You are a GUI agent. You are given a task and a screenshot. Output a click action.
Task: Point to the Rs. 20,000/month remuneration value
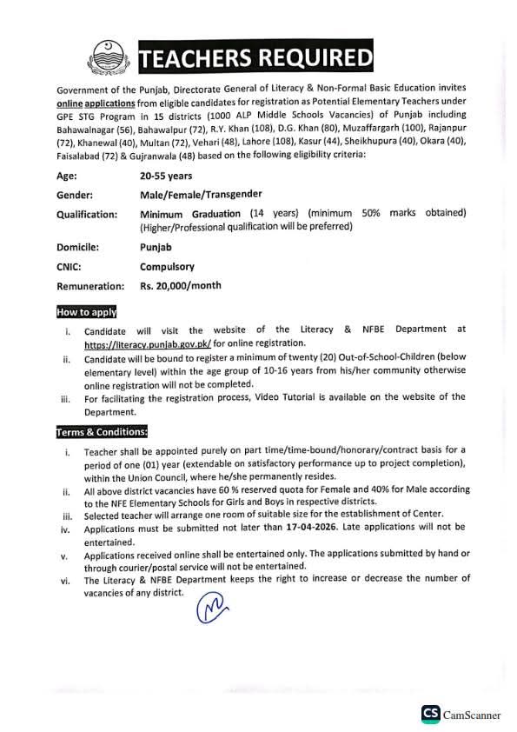181,285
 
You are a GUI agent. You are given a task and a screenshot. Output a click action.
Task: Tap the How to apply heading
87,311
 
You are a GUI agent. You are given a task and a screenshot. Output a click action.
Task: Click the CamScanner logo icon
430,714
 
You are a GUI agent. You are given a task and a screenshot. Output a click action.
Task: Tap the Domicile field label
78,247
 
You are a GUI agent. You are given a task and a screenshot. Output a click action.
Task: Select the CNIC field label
70,267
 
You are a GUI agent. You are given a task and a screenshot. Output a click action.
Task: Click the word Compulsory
168,267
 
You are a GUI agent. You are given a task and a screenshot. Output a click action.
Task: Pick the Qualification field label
87,214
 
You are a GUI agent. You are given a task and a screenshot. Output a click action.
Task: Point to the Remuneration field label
90,286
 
